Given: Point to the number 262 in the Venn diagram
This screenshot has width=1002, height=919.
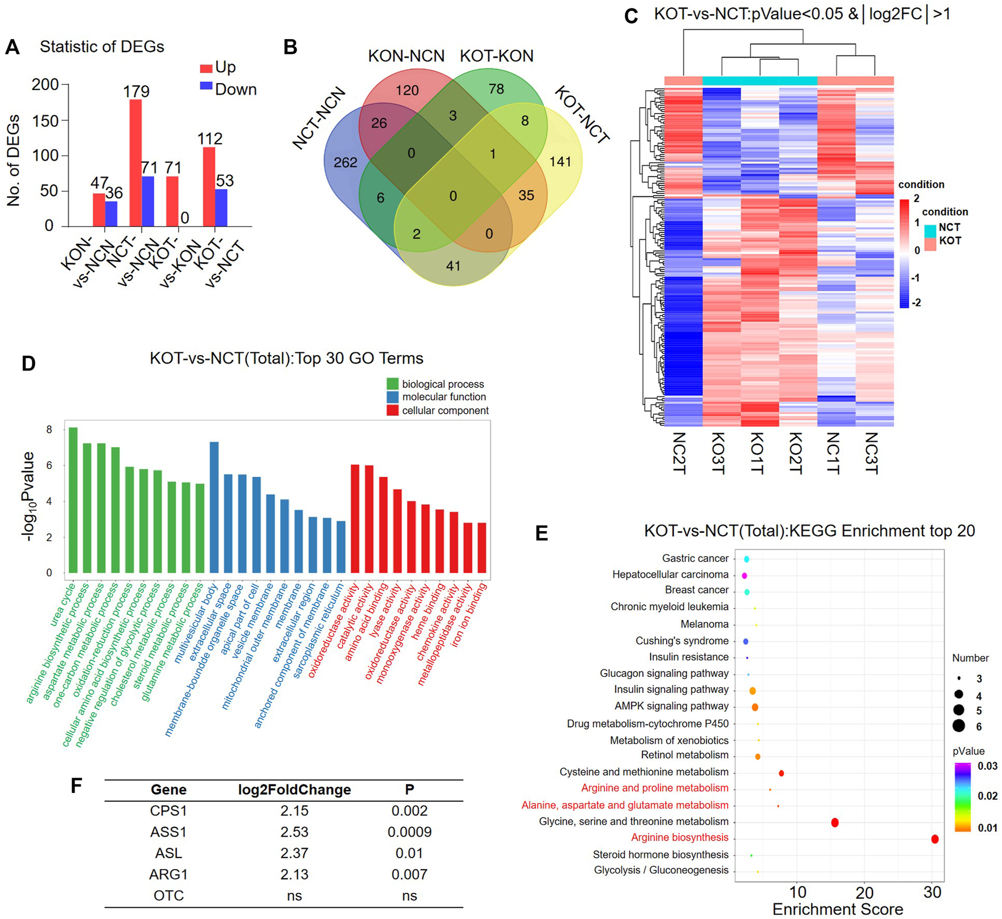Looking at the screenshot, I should (345, 163).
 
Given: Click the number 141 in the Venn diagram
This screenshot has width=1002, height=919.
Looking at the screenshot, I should (560, 162).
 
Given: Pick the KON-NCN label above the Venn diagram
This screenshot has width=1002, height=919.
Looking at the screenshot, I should (406, 56).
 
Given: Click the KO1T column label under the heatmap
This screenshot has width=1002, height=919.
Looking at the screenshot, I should (757, 453).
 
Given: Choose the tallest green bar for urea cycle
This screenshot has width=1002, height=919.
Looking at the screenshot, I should (74, 500).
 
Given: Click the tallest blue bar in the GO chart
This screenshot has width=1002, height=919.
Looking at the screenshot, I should (214, 507).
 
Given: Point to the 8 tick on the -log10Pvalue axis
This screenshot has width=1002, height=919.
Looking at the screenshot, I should (50, 430).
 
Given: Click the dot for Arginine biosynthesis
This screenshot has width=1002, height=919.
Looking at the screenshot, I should (935, 839).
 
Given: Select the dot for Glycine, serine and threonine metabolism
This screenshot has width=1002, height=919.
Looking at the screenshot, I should (835, 822).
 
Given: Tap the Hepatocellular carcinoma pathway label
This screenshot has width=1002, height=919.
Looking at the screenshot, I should (670, 575).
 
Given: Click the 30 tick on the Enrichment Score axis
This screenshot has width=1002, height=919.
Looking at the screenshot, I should (932, 892).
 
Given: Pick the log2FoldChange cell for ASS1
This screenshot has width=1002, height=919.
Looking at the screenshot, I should (294, 832).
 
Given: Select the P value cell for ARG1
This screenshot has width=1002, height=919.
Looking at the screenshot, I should (409, 874).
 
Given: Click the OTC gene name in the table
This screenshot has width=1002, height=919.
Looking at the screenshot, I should (169, 896).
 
